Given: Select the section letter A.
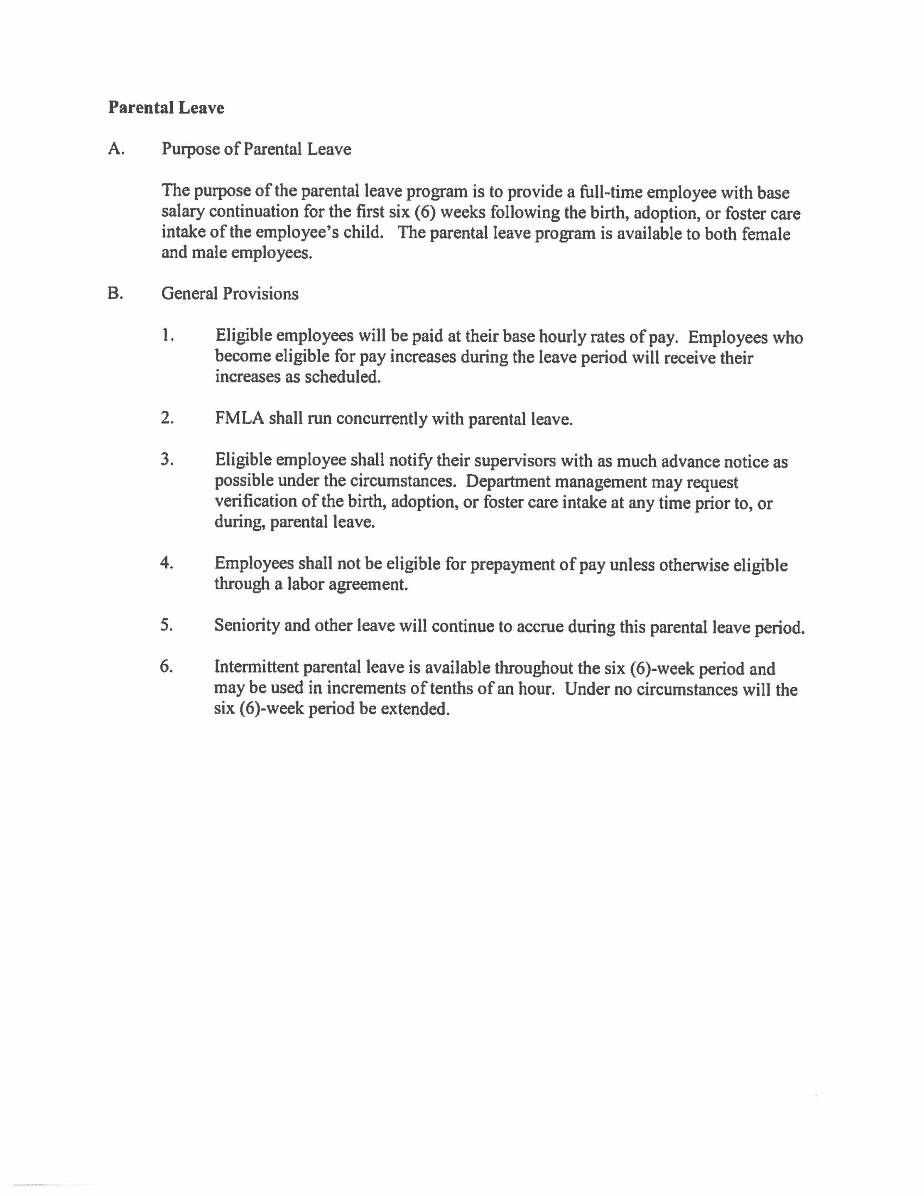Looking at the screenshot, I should [115, 149].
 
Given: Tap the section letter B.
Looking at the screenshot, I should [115, 294].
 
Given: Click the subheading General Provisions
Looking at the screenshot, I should [230, 294].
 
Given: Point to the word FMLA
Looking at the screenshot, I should [239, 418].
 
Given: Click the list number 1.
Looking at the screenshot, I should [168, 335].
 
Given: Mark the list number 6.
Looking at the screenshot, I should [167, 667].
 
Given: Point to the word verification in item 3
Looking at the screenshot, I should [251, 502].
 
